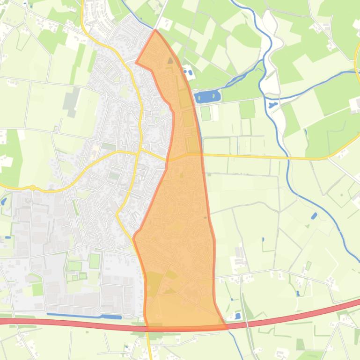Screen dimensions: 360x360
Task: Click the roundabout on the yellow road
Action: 32,187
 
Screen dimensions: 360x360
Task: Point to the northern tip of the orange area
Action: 155,30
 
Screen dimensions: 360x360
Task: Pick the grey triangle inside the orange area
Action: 170,60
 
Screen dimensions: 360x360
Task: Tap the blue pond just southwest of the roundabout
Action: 4,202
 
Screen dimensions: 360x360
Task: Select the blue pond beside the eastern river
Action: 314,216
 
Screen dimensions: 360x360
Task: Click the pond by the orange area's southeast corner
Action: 238,316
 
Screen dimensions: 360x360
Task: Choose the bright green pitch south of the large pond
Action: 206,113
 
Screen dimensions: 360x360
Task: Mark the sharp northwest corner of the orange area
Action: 136,62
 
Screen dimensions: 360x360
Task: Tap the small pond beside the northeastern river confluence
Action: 272,105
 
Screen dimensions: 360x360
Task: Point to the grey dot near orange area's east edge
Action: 206,217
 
